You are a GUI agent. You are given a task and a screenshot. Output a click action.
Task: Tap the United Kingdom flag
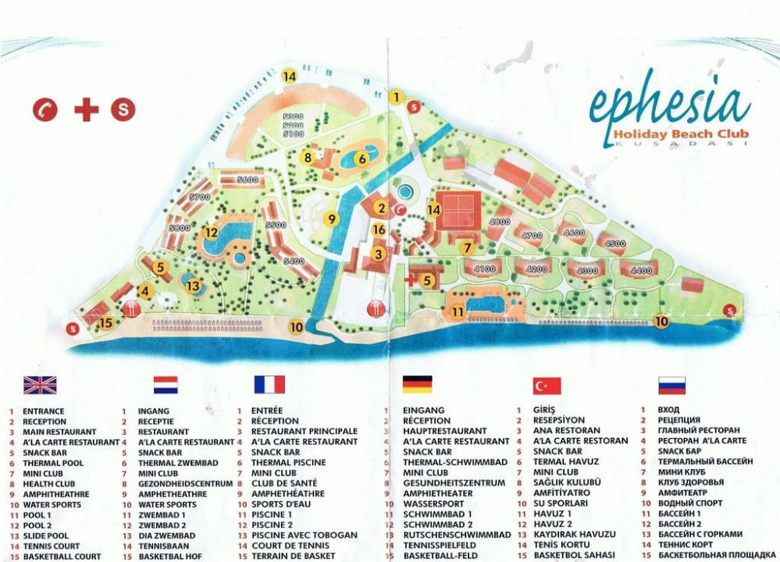pyautogui.click(x=40, y=384)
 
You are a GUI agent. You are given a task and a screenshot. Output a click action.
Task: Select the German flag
pyautogui.click(x=418, y=384)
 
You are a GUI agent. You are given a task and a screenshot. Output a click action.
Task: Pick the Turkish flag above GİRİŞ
pyautogui.click(x=547, y=385)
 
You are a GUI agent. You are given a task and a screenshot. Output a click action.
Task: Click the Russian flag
pyautogui.click(x=672, y=385)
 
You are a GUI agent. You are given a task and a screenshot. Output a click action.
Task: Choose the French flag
pyautogui.click(x=269, y=384)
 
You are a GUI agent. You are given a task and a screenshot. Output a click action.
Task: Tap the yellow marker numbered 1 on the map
pyautogui.click(x=397, y=98)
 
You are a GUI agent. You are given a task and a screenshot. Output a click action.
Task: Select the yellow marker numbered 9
pyautogui.click(x=332, y=219)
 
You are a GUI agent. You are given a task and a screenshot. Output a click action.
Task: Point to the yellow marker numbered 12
pyautogui.click(x=211, y=232)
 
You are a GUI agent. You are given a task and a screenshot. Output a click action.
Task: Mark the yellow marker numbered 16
pyautogui.click(x=379, y=229)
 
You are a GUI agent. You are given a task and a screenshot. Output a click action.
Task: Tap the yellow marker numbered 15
pyautogui.click(x=105, y=322)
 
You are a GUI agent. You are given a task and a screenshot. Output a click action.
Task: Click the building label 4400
pyautogui.click(x=641, y=271)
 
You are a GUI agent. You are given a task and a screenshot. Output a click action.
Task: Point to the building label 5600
pyautogui.click(x=248, y=180)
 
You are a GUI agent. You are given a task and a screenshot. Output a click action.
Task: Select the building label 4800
pyautogui.click(x=499, y=222)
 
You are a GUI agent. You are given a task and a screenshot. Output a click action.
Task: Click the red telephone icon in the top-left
pyautogui.click(x=45, y=110)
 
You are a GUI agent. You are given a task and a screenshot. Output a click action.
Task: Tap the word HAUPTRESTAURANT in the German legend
pyautogui.click(x=445, y=431)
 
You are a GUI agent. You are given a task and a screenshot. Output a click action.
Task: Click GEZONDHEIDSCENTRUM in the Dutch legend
pyautogui.click(x=186, y=483)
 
